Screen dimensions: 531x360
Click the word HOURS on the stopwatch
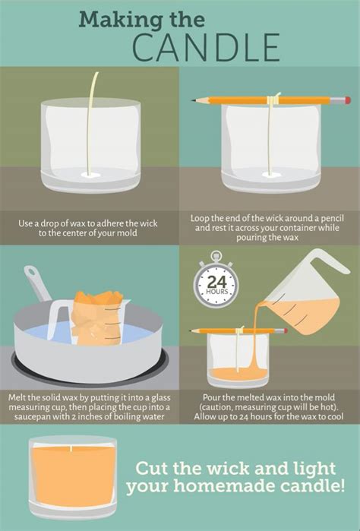[216, 292]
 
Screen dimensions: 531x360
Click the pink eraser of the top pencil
[346, 100]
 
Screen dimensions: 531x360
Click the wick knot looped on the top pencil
[273, 99]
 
